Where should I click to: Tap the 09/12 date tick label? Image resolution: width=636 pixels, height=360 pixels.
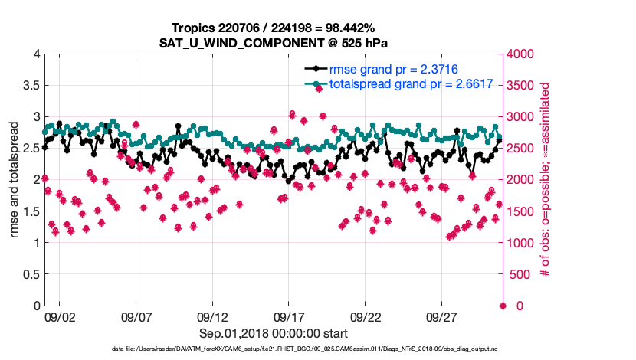pos(212,316)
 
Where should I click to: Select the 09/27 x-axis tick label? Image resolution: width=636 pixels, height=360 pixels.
pos(441,316)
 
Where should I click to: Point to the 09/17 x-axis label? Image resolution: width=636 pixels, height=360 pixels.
pos(289,316)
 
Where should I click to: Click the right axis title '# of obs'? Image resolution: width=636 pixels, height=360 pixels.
pos(546,180)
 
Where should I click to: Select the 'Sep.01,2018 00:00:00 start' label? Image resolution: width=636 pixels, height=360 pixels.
pos(274,333)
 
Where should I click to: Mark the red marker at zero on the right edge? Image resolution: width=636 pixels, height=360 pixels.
pos(503,306)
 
